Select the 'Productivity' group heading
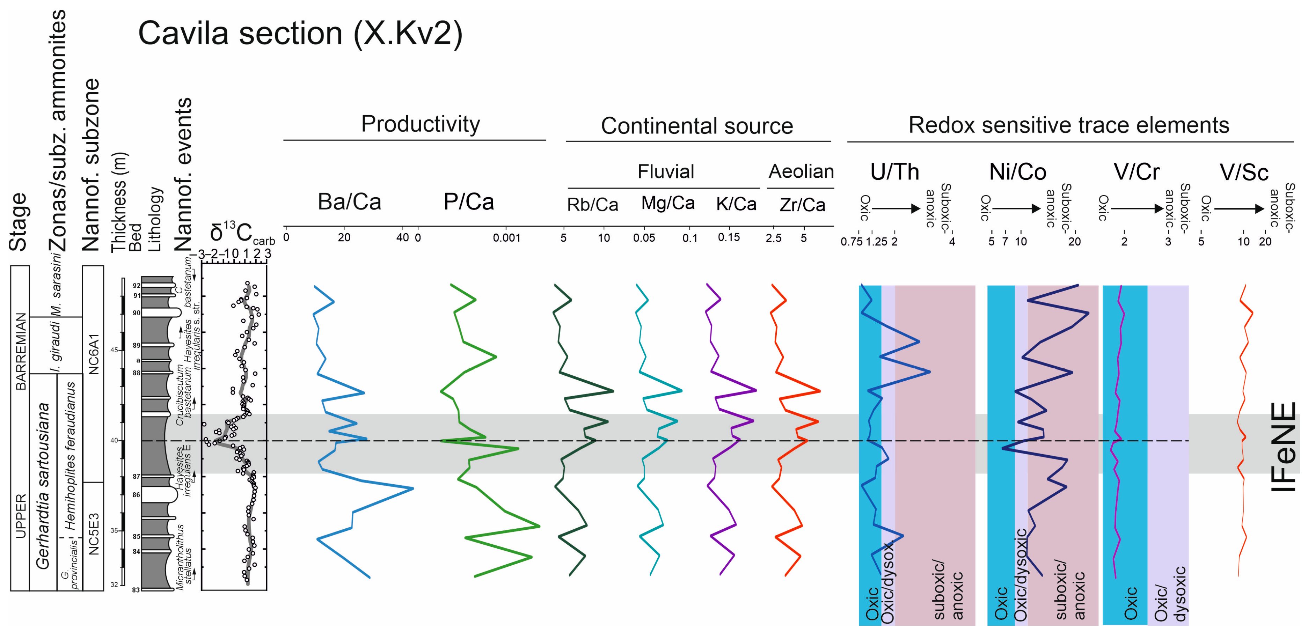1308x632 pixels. tap(421, 124)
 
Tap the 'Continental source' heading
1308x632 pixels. tap(697, 126)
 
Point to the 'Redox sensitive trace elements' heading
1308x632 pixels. tap(1068, 125)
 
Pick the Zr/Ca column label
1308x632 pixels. tap(802, 205)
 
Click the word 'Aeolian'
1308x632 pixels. tap(801, 171)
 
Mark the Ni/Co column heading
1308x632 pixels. tap(1017, 172)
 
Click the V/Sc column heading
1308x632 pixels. tap(1243, 172)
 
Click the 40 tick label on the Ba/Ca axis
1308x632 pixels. tap(402, 237)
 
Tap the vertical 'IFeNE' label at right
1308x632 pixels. tap(1283, 447)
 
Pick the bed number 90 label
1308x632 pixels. tap(136, 313)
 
